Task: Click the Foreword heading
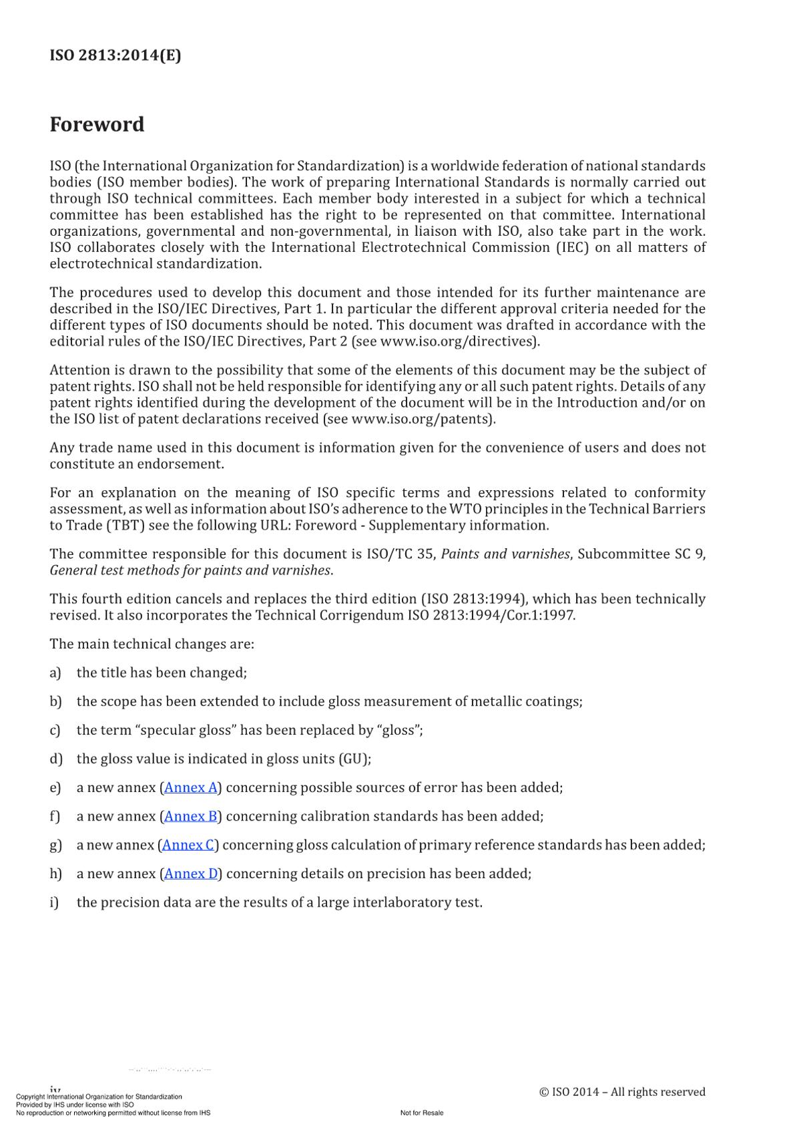(x=97, y=124)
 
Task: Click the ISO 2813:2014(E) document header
(x=115, y=55)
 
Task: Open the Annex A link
(x=191, y=787)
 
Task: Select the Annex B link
(x=191, y=816)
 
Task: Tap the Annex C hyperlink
(x=189, y=845)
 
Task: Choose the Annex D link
(x=191, y=874)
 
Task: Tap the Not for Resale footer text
(x=422, y=1113)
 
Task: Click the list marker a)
(x=55, y=673)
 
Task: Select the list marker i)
(x=54, y=902)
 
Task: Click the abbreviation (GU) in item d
(x=354, y=759)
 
